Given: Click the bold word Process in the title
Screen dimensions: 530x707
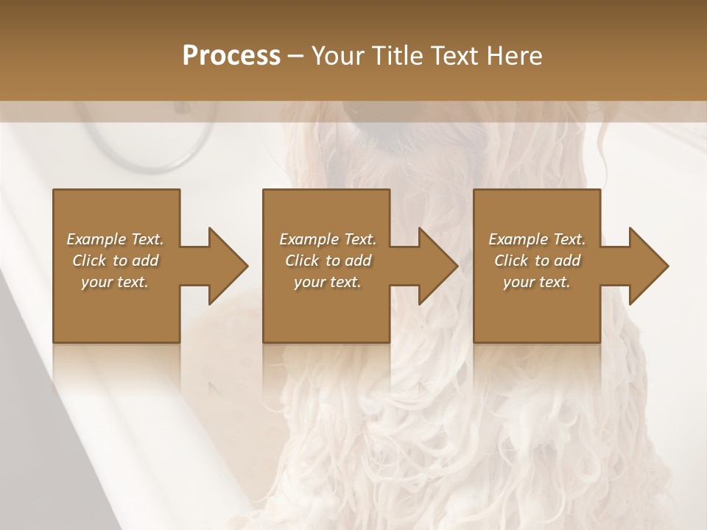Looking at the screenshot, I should (231, 56).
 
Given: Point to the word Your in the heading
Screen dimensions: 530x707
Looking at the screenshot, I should (337, 56).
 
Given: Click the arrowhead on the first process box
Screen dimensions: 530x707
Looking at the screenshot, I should (228, 266).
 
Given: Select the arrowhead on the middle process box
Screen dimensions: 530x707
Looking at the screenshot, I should (438, 266).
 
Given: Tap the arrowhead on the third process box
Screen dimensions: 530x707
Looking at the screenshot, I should (649, 266).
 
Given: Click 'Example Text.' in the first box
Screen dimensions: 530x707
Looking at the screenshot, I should (115, 239).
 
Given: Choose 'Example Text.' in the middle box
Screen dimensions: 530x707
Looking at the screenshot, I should (327, 239).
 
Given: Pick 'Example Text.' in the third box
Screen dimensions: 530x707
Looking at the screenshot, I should (537, 239).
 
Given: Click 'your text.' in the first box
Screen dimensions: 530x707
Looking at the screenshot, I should (115, 282).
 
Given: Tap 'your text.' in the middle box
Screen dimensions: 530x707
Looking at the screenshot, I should (327, 282).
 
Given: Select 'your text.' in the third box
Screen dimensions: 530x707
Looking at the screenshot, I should (537, 282).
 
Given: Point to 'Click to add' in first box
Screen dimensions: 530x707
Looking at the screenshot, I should (115, 261).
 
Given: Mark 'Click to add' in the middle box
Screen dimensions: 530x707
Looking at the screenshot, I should (327, 261).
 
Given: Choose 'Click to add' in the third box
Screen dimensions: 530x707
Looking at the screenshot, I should (537, 261).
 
